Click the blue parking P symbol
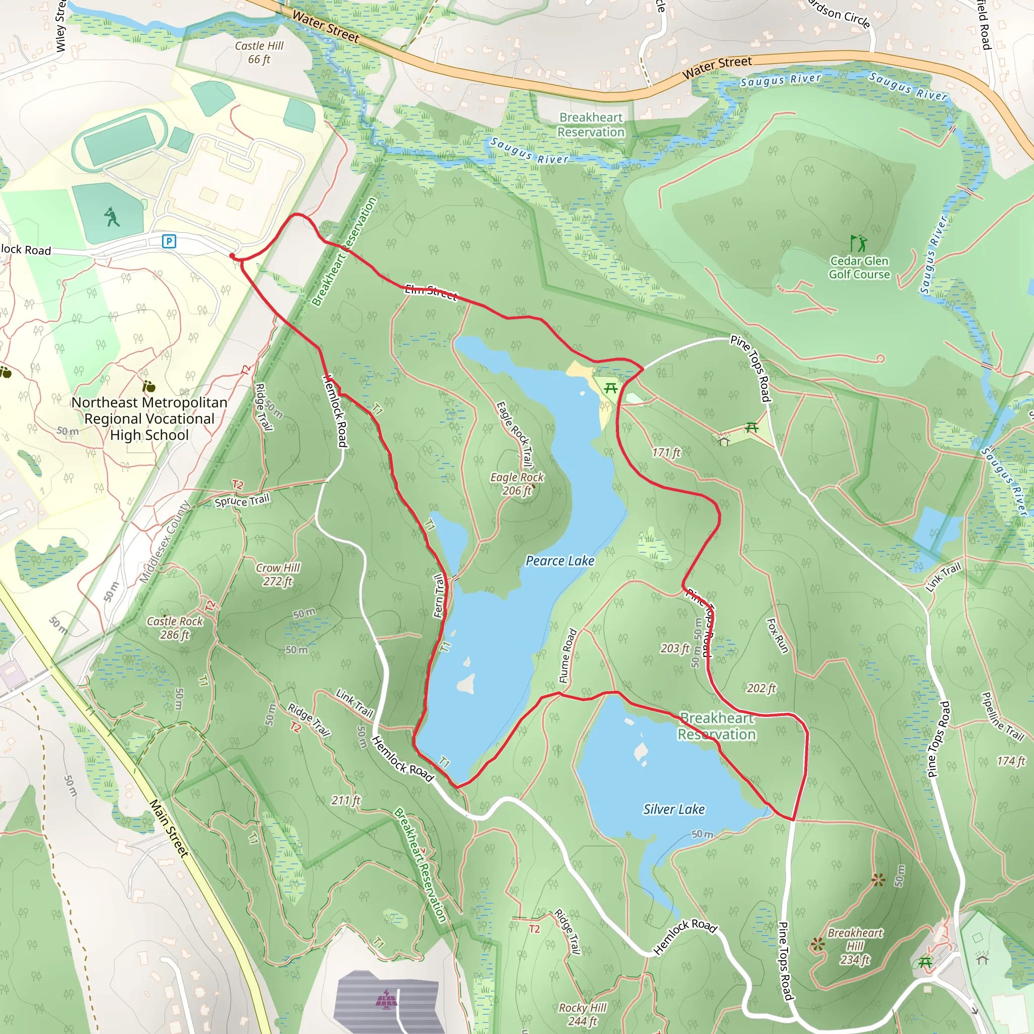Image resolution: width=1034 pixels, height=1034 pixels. [169, 241]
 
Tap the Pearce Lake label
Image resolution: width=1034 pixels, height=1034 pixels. [560, 560]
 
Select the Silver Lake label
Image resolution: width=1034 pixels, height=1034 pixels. [674, 809]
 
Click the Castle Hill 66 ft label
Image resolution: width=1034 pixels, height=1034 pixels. [259, 53]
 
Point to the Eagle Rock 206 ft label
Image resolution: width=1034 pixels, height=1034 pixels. [516, 483]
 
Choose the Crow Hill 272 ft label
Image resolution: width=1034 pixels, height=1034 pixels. [278, 574]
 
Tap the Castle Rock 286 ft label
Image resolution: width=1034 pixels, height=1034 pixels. [175, 628]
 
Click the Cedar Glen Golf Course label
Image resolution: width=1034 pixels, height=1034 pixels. [859, 268]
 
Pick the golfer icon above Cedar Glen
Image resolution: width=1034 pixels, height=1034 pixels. [858, 243]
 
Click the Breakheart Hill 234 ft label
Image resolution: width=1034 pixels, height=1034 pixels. [855, 946]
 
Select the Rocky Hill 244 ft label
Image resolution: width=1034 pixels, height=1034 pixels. [582, 1014]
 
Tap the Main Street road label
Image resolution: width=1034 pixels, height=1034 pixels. [169, 829]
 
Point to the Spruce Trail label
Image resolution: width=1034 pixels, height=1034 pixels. [242, 501]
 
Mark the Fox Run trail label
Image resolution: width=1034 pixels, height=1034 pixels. [778, 636]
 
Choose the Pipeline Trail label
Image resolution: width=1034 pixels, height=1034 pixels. [1002, 716]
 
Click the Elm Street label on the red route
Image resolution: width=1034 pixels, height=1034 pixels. [431, 292]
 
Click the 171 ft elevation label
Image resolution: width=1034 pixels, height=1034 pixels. [666, 453]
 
